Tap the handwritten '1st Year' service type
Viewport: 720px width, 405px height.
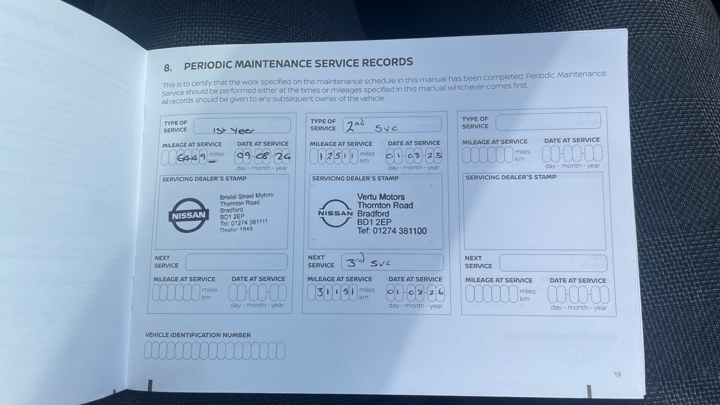234,130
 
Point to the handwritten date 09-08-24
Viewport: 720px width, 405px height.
263,156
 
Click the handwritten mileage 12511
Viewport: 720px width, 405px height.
334,156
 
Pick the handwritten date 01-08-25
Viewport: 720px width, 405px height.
413,155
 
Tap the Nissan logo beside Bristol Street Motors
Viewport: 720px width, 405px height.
189,215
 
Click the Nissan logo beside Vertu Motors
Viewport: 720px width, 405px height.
335,213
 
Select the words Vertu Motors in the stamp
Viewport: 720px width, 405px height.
381,197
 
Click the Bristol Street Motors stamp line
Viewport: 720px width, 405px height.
246,196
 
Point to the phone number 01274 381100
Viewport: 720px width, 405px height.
398,231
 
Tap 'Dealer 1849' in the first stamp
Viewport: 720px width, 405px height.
236,229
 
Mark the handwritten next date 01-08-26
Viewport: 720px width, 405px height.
415,292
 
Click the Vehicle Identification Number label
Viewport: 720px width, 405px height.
198,335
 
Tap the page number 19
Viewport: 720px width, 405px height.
617,374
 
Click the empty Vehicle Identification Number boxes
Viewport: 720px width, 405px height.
215,351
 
